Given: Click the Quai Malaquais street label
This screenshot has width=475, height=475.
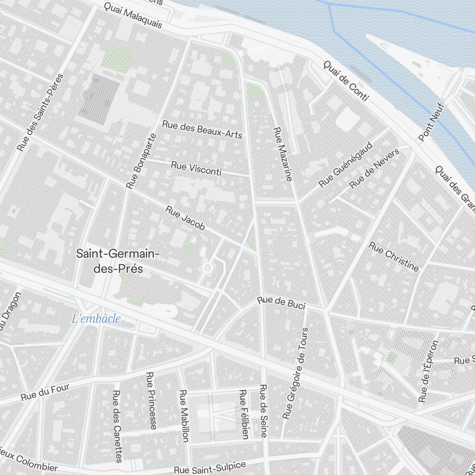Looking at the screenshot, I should (133, 16).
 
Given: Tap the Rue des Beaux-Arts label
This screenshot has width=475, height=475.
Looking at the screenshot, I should (202, 129).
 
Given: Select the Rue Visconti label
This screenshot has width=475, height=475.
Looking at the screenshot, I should (196, 169).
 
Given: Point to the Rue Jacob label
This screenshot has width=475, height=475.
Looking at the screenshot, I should (185, 218).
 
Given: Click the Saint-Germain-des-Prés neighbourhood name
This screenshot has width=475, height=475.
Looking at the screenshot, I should (118, 261).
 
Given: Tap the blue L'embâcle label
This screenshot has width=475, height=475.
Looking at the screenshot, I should (96, 319).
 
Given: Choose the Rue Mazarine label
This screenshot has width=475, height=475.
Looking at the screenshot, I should (283, 154).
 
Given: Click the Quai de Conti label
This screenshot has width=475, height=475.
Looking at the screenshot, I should (346, 81).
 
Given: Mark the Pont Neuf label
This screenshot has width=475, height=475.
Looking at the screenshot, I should (431, 122).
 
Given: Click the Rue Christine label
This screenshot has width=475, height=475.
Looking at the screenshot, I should (394, 257).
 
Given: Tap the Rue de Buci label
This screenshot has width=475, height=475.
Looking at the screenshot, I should (281, 303).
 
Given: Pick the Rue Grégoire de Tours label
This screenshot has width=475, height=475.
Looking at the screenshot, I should (295, 373).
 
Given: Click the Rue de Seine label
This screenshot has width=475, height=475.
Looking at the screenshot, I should (263, 411).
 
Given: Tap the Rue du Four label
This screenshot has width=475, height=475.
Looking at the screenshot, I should (45, 392).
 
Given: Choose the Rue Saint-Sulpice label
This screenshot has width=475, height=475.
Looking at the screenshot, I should (209, 467).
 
